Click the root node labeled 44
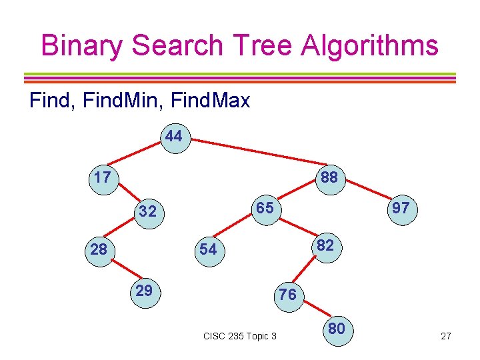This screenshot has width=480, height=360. (174, 137)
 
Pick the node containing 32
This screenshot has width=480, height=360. (147, 212)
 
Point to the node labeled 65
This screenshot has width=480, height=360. (265, 209)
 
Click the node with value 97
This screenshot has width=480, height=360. (401, 209)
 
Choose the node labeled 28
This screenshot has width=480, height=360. (99, 249)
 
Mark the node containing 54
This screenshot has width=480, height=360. (208, 249)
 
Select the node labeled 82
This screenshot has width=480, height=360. (325, 245)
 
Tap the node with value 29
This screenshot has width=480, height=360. (144, 291)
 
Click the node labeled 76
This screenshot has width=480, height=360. (287, 294)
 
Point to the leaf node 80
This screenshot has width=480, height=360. (336, 329)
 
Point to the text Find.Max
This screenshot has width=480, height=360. (211, 101)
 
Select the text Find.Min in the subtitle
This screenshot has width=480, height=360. (124, 101)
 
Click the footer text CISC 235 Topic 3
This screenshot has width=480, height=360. (239, 336)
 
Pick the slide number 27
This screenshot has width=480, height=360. (445, 336)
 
